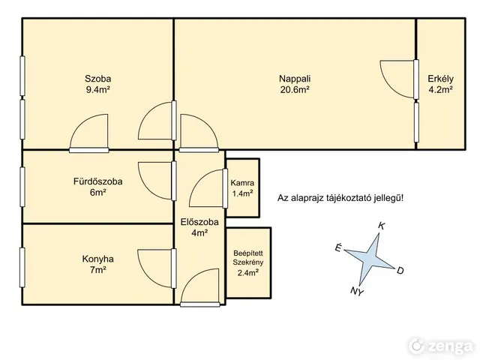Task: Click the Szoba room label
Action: [98, 79]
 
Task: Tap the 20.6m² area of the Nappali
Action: [295, 90]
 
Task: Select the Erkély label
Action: [440, 79]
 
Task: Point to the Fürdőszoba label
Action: [98, 181]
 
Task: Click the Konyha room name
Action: [98, 259]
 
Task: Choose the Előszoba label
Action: [199, 222]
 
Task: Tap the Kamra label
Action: [242, 183]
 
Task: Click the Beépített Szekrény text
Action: [248, 258]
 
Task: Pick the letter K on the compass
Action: [382, 226]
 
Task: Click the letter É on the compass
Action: [338, 247]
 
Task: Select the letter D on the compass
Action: [400, 270]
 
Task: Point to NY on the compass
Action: [357, 291]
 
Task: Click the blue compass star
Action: [368, 259]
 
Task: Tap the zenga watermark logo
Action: [441, 346]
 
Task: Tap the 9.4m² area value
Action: [98, 90]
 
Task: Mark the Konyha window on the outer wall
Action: [22, 268]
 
